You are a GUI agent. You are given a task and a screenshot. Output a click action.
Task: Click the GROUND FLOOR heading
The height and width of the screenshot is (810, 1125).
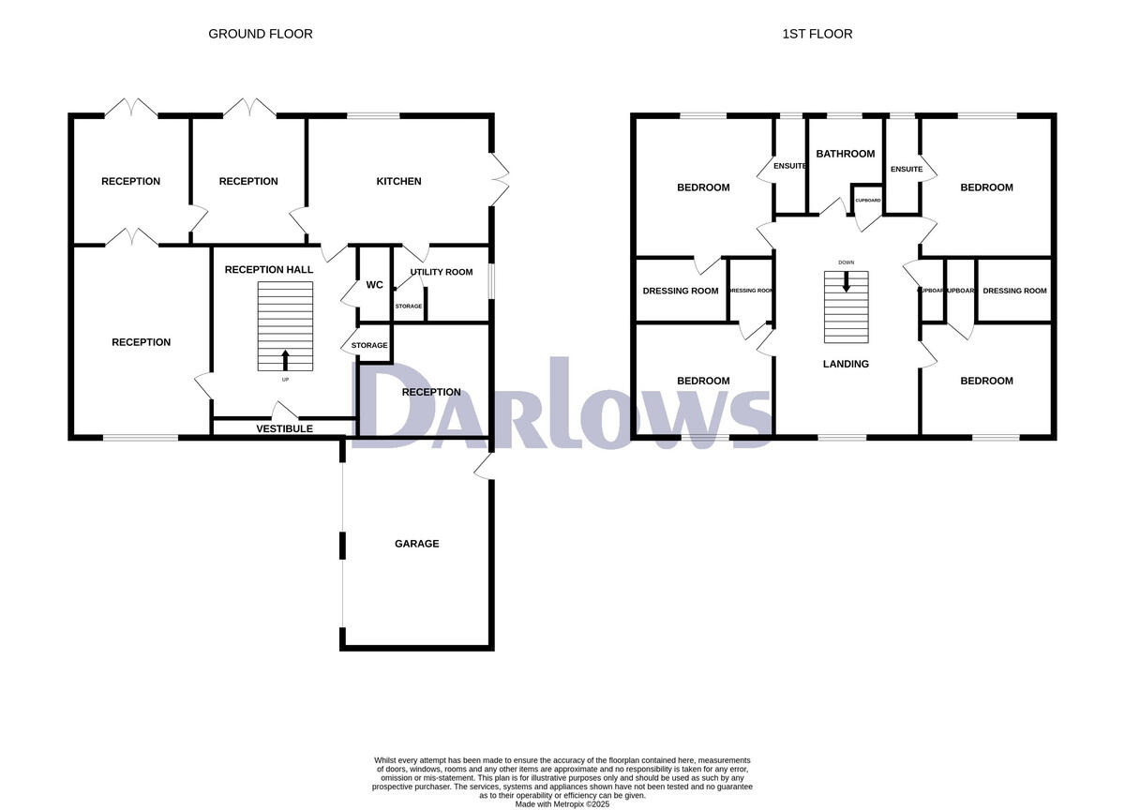point(260,34)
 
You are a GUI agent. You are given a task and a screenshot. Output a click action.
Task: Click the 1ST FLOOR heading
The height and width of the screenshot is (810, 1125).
point(817,34)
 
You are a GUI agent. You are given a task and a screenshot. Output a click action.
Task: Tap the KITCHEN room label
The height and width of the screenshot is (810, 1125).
point(398,181)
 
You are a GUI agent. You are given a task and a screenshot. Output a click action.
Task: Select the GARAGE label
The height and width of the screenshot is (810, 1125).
point(416,544)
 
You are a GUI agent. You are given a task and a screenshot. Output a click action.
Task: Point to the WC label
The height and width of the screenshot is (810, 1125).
point(374,285)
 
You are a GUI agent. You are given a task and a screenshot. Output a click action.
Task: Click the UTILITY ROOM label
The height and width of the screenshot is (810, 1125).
point(441,271)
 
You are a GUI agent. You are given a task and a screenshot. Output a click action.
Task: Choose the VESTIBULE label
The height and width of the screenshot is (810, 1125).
point(284,428)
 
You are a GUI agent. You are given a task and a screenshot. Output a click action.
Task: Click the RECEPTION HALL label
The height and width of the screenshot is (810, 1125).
point(269,270)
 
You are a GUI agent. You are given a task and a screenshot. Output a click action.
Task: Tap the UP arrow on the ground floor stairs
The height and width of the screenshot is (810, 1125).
point(285,360)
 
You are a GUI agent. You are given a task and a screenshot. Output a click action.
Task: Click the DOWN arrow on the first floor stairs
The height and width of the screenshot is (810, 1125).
point(847,281)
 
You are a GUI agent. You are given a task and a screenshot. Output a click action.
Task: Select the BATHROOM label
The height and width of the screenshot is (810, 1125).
point(845,154)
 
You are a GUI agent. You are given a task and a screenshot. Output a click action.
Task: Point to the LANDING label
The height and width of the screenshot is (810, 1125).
point(845,364)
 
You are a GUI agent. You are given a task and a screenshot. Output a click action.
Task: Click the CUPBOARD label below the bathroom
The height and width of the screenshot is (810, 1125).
point(867,201)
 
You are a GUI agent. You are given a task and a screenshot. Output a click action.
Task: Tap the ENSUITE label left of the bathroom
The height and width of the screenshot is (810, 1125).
point(789,166)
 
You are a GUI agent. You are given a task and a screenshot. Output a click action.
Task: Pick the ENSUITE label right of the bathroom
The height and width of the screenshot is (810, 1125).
point(907,169)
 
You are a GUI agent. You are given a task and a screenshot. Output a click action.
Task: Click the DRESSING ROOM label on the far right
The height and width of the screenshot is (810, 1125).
point(1014,291)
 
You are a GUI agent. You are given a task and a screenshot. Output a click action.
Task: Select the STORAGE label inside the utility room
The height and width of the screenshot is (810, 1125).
point(408,307)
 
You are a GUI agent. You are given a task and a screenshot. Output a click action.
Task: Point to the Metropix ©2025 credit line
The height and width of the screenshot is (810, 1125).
point(562,803)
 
